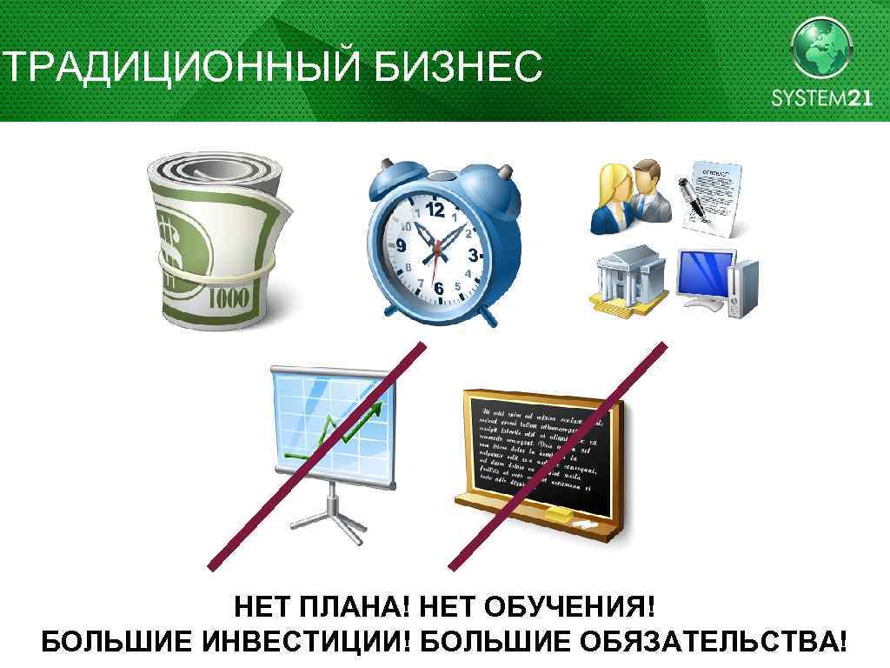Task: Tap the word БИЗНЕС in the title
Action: (458, 67)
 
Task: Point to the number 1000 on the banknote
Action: (228, 298)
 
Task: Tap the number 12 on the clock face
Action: (435, 210)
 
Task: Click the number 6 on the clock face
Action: (439, 287)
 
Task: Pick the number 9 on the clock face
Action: (401, 246)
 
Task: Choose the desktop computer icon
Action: (718, 282)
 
